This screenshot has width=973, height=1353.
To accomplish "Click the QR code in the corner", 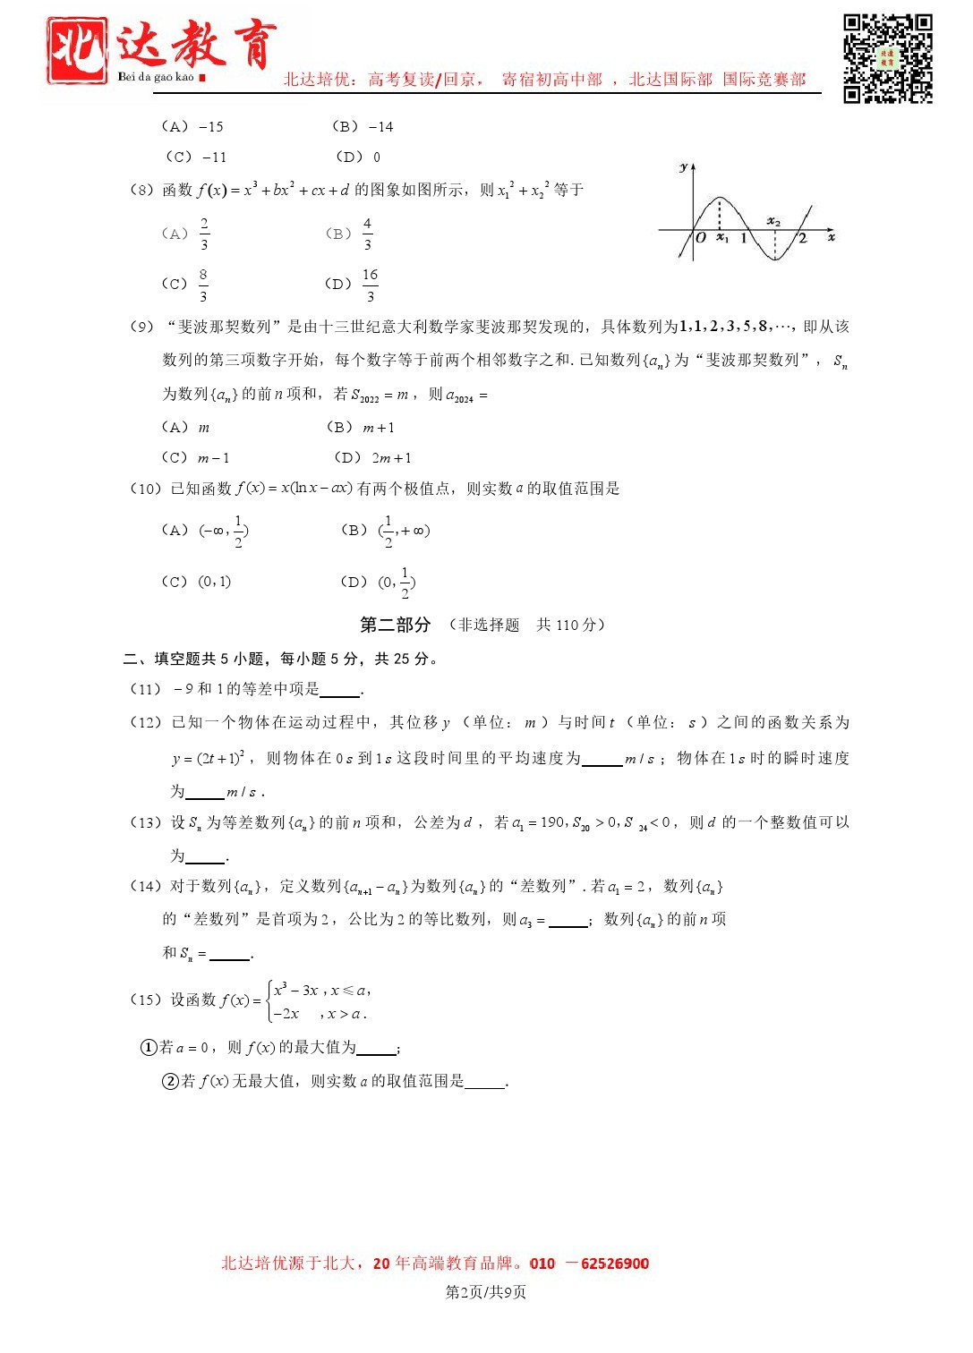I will coord(887,58).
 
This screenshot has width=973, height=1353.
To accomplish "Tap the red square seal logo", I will coord(78,51).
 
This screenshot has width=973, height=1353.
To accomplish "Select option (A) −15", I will coord(192,127).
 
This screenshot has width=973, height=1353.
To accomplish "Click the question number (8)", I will coord(141,190).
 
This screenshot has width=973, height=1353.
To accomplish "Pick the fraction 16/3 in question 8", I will coord(370,285).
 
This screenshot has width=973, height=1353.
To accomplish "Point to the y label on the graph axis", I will coord(683,167).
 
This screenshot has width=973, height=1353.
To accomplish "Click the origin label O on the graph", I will coord(701,238).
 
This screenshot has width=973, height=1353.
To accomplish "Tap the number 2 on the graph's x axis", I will coord(802,238).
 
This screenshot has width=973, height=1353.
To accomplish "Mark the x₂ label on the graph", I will coord(773,221).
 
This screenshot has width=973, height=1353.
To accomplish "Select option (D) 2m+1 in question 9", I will coord(373,458).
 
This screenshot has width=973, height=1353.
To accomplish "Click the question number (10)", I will coord(145,489).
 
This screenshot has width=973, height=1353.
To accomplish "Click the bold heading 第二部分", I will coord(395,625).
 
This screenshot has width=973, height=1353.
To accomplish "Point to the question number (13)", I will coord(145,822).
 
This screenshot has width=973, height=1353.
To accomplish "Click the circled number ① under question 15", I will coord(149,1047).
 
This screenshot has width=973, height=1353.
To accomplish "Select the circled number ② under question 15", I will coord(170,1081).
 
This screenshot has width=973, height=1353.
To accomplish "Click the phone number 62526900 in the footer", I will coord(615,1264).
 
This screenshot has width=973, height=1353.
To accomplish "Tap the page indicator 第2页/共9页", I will coord(486,1292).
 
